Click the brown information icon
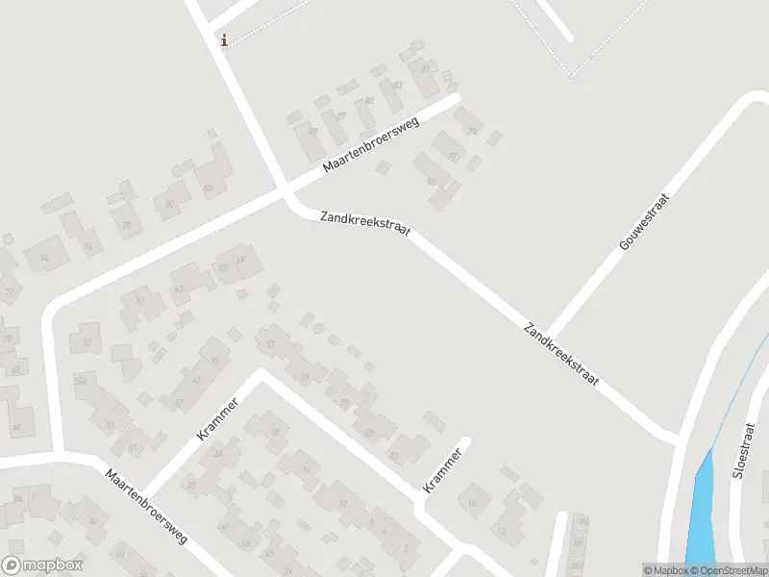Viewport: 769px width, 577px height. point(224,39)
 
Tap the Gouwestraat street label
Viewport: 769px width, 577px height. point(644,221)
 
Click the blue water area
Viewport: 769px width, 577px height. point(703,510)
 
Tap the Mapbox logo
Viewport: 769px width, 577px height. point(42,565)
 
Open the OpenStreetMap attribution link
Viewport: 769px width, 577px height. point(728,570)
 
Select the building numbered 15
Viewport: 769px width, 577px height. point(472,501)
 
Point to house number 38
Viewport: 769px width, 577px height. point(191,485)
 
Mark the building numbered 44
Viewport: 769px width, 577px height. point(16,426)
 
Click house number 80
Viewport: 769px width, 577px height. point(170,204)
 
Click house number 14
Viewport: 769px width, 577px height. point(307,469)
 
